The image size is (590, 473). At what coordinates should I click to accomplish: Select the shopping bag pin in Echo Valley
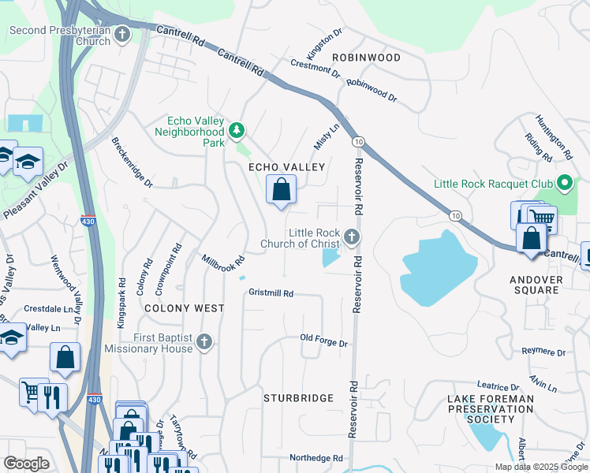pyautogui.click(x=281, y=190)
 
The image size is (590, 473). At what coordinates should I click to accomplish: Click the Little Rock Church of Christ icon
pyautogui.click(x=353, y=237)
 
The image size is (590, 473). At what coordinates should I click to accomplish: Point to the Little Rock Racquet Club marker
pyautogui.click(x=563, y=184)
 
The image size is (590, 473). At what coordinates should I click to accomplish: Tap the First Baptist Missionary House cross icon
pyautogui.click(x=204, y=342)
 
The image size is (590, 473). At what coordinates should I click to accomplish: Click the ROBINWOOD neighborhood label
pyautogui.click(x=366, y=58)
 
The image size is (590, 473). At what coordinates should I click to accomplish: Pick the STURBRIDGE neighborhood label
pyautogui.click(x=298, y=398)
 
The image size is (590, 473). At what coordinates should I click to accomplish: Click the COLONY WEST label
pyautogui.click(x=185, y=308)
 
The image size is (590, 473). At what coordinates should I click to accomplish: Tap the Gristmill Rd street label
pyautogui.click(x=271, y=293)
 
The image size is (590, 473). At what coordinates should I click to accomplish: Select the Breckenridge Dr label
pyautogui.click(x=133, y=162)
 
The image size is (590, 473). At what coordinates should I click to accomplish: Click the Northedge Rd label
pyautogui.click(x=316, y=458)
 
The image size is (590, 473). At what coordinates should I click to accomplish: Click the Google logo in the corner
pyautogui.click(x=27, y=463)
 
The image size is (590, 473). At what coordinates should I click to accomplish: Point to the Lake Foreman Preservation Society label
pyautogui.click(x=490, y=409)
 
